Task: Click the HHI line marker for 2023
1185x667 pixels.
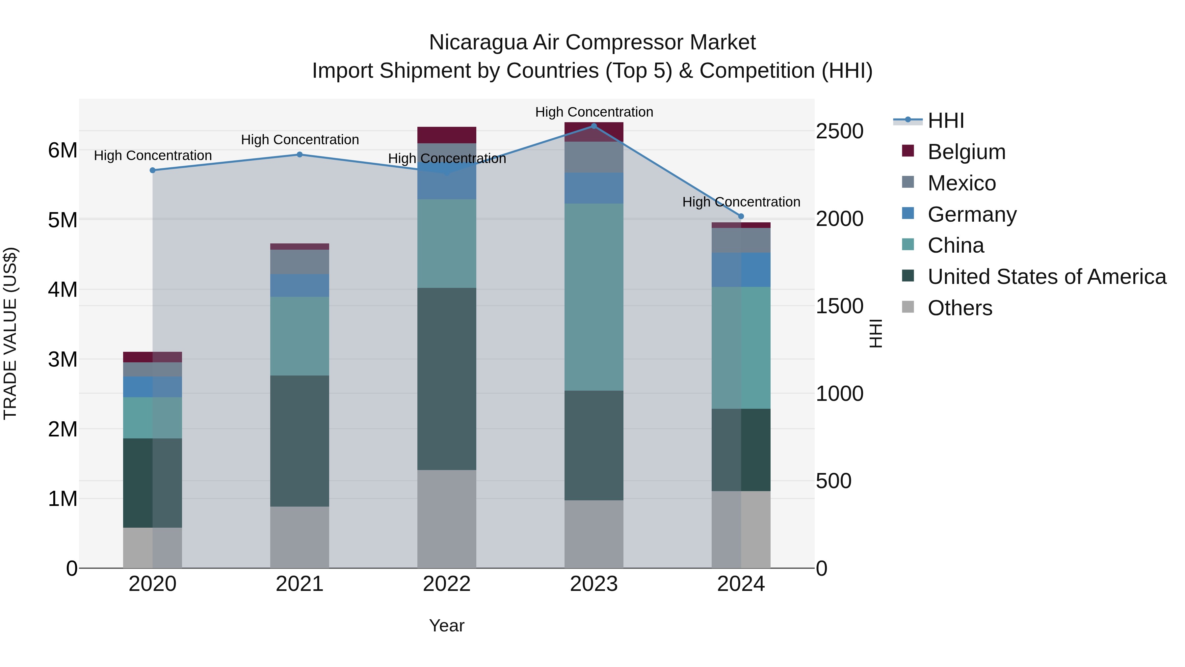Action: coord(593,126)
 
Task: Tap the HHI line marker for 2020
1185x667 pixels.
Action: coord(153,170)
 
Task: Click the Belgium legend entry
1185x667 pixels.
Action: coord(966,152)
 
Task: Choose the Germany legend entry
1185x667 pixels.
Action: coord(972,214)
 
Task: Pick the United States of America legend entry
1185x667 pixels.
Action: coord(1046,277)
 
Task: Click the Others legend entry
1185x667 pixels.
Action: coord(960,308)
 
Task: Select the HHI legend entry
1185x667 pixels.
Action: coord(945,121)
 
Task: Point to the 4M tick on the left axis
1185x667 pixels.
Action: coord(63,290)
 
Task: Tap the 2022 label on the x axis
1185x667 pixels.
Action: coord(446,584)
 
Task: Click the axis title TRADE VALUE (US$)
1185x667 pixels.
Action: coord(10,333)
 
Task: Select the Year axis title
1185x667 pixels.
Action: coord(446,625)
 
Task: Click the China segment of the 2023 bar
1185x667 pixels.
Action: coord(593,297)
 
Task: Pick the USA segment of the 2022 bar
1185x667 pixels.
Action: coord(446,378)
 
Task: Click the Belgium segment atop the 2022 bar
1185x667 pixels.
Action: coord(446,135)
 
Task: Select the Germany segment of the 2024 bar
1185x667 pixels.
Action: coord(741,270)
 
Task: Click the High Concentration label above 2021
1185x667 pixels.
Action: coord(300,139)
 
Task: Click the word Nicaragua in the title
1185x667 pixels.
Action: coord(478,42)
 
